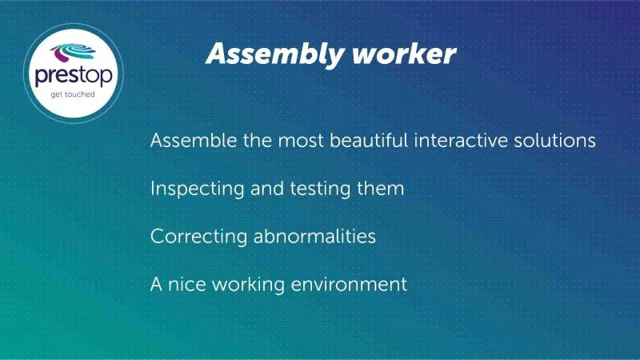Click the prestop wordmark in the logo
[x=74, y=76]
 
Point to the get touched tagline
[x=73, y=94]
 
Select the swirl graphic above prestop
[x=73, y=53]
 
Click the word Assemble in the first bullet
[x=194, y=141]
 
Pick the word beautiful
[x=369, y=141]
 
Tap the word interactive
[x=461, y=141]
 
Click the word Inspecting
[x=197, y=190]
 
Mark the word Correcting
[x=198, y=237]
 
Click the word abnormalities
[x=314, y=236]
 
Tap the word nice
[x=187, y=285]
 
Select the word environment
[x=349, y=285]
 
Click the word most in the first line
[x=301, y=142]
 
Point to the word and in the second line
[x=267, y=189]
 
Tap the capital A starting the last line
[x=156, y=285]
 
